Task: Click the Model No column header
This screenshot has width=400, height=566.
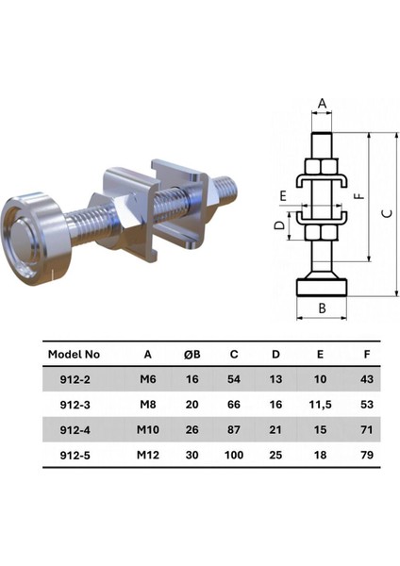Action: [x=74, y=354]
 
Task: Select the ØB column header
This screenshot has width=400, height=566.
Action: [x=192, y=354]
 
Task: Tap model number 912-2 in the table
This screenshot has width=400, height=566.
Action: [x=75, y=379]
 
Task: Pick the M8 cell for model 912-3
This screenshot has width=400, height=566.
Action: [x=148, y=405]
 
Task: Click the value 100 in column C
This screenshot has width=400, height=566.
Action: [x=234, y=455]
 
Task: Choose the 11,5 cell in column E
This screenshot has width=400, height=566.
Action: [x=320, y=405]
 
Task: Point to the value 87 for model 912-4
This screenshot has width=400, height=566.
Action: [x=234, y=429]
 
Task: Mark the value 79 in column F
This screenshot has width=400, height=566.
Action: [x=367, y=455]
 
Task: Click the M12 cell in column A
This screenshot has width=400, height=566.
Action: [x=148, y=455]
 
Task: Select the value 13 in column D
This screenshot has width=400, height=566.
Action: [x=275, y=379]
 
